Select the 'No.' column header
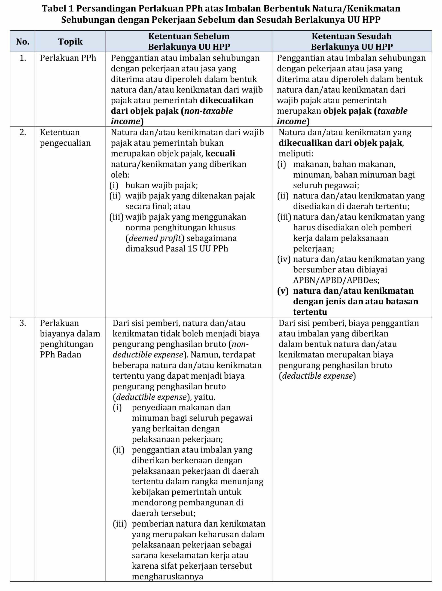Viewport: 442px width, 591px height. pyautogui.click(x=23, y=41)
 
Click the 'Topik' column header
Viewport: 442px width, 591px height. pyautogui.click(x=70, y=41)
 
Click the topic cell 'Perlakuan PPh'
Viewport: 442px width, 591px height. pyautogui.click(x=68, y=58)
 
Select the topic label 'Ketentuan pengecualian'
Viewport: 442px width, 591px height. pyautogui.click(x=65, y=138)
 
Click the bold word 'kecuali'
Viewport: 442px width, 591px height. pyautogui.click(x=220, y=154)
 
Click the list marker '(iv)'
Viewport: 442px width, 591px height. pyautogui.click(x=284, y=259)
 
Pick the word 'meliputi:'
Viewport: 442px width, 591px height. pyautogui.click(x=296, y=154)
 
